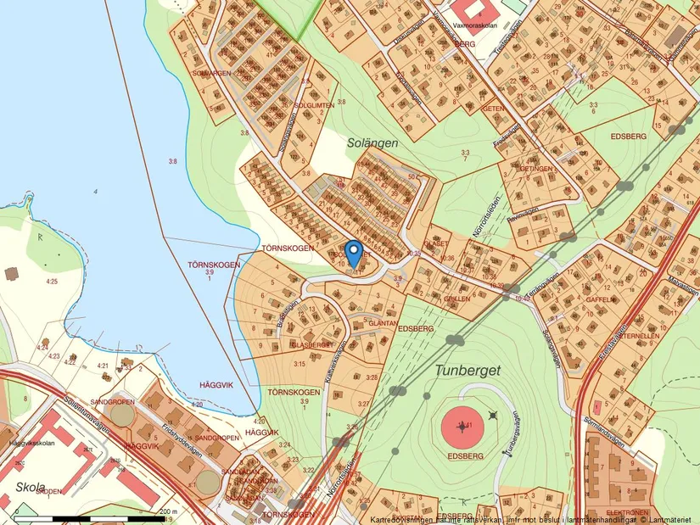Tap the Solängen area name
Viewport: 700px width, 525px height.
pos(372,143)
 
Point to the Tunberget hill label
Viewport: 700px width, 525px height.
pos(468,371)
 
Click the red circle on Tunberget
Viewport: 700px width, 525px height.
pos(462,427)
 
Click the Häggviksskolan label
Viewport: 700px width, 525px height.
pos(26,443)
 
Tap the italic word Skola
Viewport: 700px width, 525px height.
pos(31,488)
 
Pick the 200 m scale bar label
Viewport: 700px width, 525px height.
pos(168,511)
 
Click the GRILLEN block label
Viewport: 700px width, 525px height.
pos(456,299)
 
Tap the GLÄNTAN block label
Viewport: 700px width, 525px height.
pos(384,323)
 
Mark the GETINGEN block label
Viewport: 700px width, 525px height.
pos(536,169)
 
